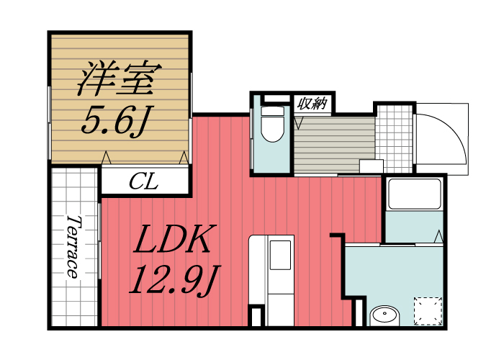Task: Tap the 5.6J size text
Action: (x=114, y=122)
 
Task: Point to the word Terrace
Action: (x=73, y=246)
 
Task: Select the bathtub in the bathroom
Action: (x=413, y=194)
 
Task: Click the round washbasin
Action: (x=386, y=315)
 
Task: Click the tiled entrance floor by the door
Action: (x=395, y=136)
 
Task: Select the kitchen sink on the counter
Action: (x=279, y=254)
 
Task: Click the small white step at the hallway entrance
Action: (x=371, y=166)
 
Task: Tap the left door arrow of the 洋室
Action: (x=106, y=156)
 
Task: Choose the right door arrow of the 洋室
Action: (x=184, y=156)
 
